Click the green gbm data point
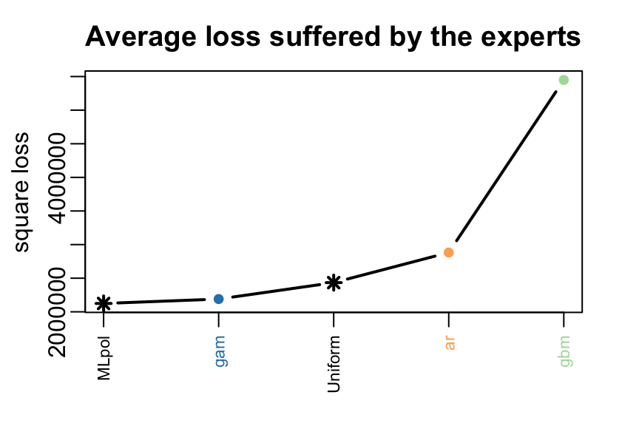(x=564, y=80)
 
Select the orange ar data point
(x=448, y=253)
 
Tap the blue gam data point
(x=218, y=300)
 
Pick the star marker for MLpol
(x=104, y=303)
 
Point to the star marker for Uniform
(x=334, y=283)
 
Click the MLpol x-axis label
(x=104, y=357)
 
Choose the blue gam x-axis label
(x=220, y=351)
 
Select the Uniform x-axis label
(x=334, y=364)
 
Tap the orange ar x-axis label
(x=449, y=343)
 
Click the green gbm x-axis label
(x=565, y=351)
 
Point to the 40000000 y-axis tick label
(x=57, y=178)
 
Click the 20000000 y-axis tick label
(x=57, y=313)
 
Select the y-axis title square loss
(x=21, y=192)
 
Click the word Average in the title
(x=141, y=38)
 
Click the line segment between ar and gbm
(x=506, y=166)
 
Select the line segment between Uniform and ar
(x=390, y=268)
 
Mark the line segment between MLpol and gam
(x=161, y=301)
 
